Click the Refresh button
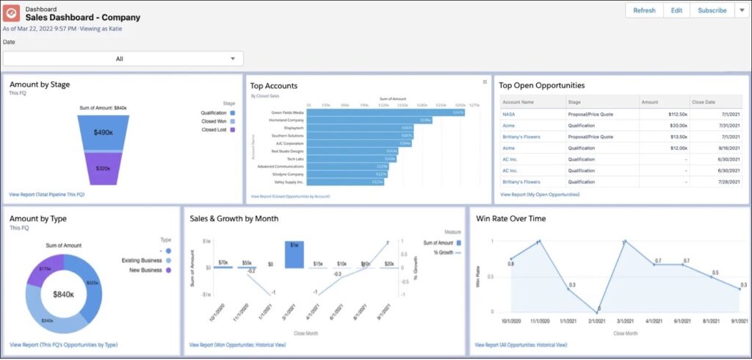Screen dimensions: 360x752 (x=644, y=10)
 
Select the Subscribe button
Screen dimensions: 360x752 (x=712, y=10)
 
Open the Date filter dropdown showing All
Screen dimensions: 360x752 (x=123, y=59)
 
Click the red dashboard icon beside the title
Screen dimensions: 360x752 (x=12, y=13)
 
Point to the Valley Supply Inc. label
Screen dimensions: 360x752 (x=289, y=181)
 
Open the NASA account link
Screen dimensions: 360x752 (x=509, y=115)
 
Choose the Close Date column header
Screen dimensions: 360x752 (x=703, y=103)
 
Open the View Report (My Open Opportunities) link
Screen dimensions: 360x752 (x=540, y=195)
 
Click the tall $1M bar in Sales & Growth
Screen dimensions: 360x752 (x=294, y=254)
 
